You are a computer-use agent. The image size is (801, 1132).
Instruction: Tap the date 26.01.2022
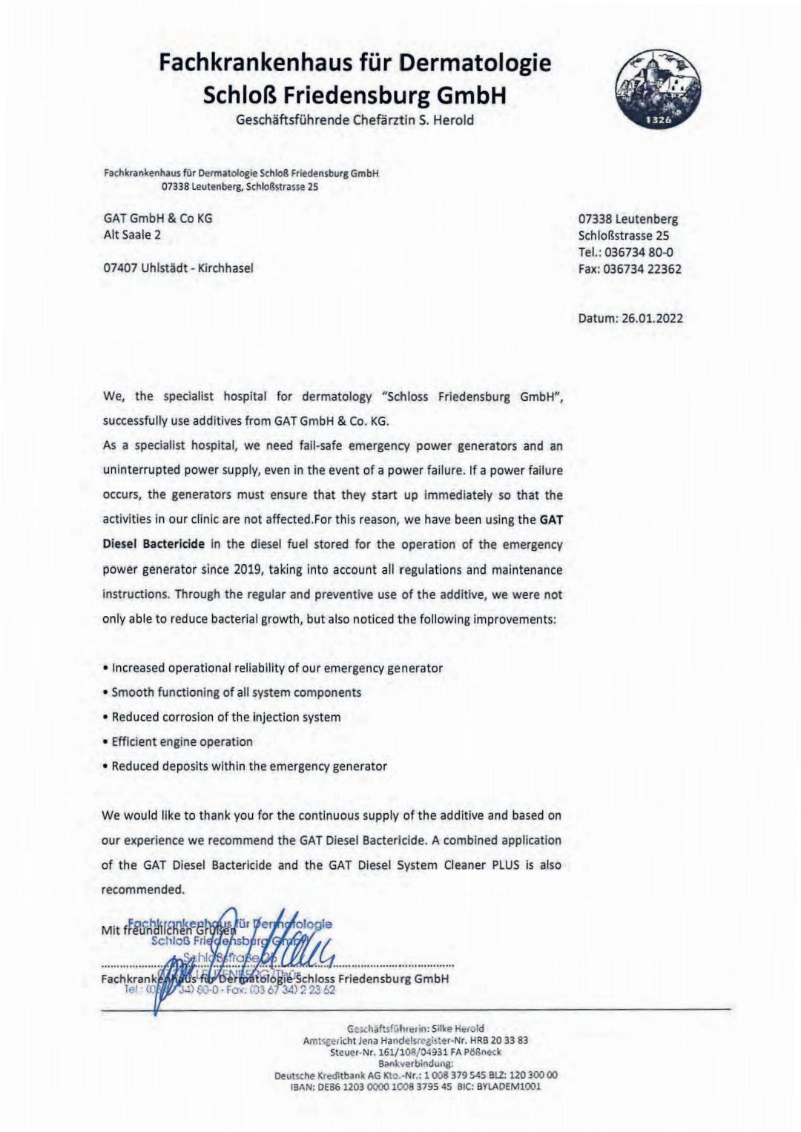pyautogui.click(x=652, y=319)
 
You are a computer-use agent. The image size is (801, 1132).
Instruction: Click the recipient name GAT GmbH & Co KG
pyautogui.click(x=158, y=219)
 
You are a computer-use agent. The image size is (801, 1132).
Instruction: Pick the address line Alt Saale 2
pyautogui.click(x=132, y=235)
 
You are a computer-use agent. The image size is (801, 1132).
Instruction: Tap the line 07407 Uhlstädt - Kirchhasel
pyautogui.click(x=178, y=268)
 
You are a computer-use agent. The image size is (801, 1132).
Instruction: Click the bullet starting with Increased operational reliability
pyautogui.click(x=273, y=668)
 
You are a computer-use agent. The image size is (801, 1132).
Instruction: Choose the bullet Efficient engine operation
pyautogui.click(x=178, y=741)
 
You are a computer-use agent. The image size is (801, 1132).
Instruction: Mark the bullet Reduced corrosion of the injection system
pyautogui.click(x=222, y=717)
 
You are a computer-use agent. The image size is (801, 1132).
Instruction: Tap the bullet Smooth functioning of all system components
pyautogui.click(x=232, y=692)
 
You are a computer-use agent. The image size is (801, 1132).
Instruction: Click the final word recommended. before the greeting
pyautogui.click(x=143, y=889)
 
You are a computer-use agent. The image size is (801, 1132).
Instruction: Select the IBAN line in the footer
pyautogui.click(x=415, y=1087)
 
